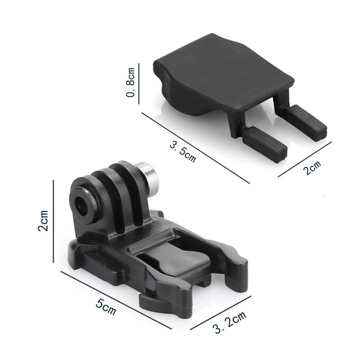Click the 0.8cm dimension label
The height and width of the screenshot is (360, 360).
(x=130, y=82)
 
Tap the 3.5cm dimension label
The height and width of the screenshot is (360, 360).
(x=183, y=152)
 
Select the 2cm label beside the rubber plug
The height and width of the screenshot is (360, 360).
(x=312, y=167)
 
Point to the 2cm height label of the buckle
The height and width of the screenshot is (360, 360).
(x=43, y=220)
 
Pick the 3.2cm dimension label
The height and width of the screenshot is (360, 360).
(x=229, y=322)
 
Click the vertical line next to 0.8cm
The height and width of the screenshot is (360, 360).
(x=139, y=84)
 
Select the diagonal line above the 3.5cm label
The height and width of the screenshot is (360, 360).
(x=196, y=148)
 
